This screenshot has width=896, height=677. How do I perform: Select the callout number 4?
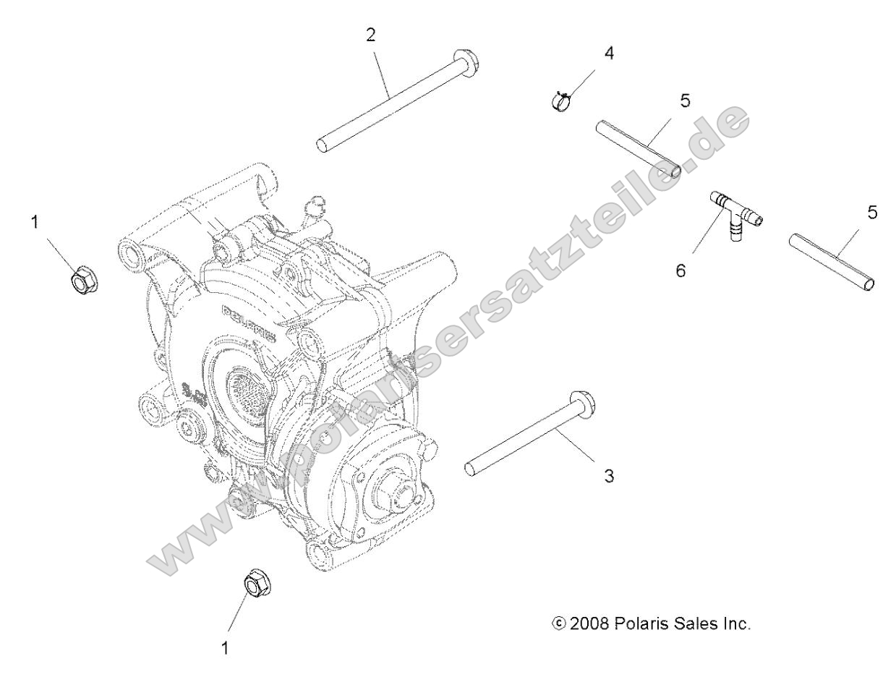[610, 54]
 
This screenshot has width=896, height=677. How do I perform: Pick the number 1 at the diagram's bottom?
[225, 648]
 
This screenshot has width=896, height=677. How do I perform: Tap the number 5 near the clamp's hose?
[685, 101]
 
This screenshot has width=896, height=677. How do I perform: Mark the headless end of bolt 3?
[471, 468]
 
